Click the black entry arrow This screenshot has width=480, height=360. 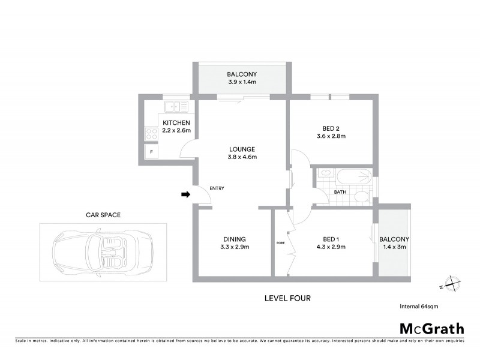(x=186, y=194)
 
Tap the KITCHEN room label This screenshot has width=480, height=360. (x=176, y=123)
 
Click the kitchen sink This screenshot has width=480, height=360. (x=176, y=107)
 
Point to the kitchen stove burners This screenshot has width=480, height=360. (x=149, y=134)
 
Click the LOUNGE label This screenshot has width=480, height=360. (x=242, y=149)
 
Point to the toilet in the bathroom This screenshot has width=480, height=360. (x=361, y=196)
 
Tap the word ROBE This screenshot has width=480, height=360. (x=280, y=243)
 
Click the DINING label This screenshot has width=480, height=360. (x=233, y=238)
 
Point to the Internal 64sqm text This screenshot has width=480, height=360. (x=419, y=306)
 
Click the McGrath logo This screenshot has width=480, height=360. (x=432, y=328)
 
